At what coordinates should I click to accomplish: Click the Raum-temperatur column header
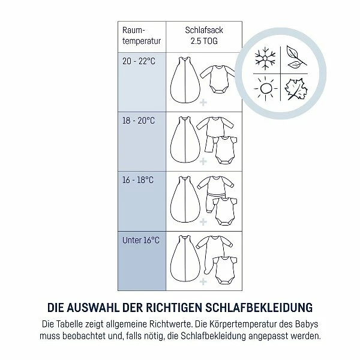142,35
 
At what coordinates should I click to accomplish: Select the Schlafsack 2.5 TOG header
204,35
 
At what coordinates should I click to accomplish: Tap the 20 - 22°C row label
139,61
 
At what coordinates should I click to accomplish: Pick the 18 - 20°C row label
139,121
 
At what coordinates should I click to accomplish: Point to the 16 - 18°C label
138,180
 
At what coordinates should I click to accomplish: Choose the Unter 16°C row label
141,240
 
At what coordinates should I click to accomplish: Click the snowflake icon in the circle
265,58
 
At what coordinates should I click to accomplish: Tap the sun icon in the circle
266,89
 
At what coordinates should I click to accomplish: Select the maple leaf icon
296,89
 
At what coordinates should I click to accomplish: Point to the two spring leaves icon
296,58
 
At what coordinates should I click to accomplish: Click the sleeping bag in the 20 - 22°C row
185,80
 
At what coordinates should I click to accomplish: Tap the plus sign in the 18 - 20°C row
203,161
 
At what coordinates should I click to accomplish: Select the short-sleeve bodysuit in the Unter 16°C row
225,270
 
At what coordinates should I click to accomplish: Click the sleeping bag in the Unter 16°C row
185,258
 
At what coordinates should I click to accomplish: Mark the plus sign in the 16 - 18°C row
203,222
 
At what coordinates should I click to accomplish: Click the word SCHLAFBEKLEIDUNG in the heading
259,308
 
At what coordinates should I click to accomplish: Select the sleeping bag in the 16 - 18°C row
185,199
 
